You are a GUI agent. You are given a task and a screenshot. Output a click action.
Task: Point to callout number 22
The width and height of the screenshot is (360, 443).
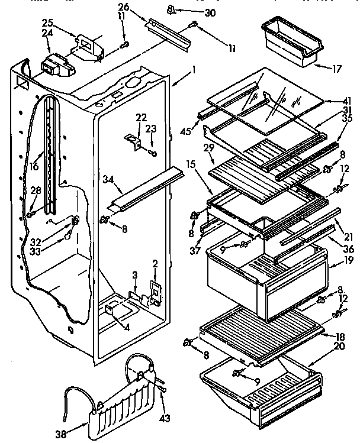(x=141, y=117)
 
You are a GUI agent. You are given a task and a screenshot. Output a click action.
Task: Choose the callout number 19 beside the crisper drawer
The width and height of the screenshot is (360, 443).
(x=348, y=258)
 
